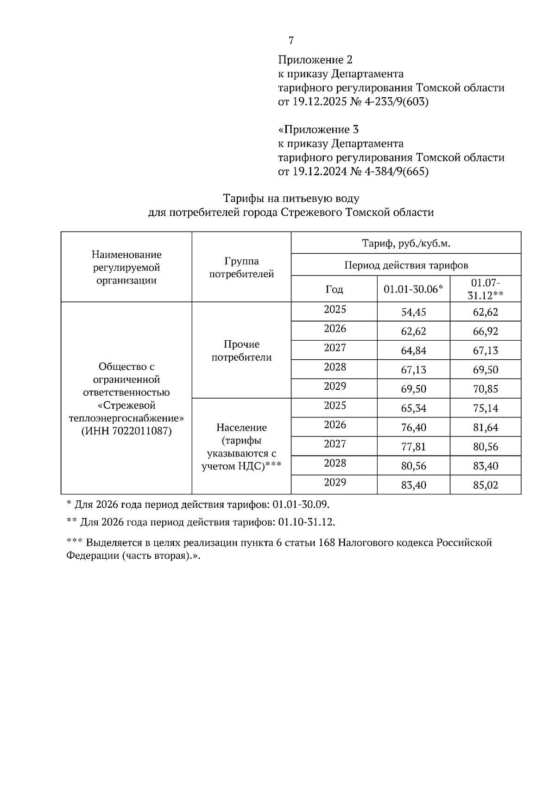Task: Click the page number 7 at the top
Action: [x=291, y=41]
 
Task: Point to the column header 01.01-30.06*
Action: [x=413, y=289]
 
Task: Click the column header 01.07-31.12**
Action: [x=485, y=289]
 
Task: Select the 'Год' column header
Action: [x=334, y=289]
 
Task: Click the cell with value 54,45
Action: [x=413, y=312]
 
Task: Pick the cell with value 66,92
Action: [x=485, y=331]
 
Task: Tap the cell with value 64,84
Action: [x=413, y=350]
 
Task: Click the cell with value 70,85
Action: [x=485, y=389]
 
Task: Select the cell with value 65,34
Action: [x=413, y=408]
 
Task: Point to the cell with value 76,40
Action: [x=413, y=427]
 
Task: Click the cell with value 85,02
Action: [x=485, y=485]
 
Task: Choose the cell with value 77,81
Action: [x=413, y=447]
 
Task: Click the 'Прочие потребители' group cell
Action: [x=241, y=351]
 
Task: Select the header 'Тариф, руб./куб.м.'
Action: [x=406, y=243]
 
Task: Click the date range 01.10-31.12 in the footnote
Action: [x=306, y=522]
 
